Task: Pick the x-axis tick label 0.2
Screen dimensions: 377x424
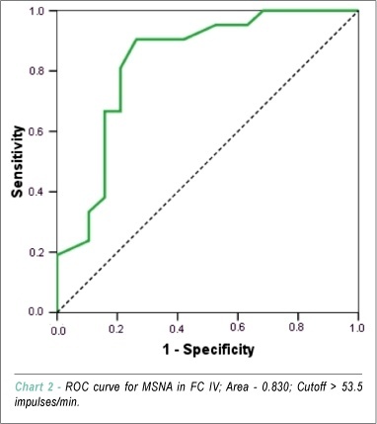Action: click(x=117, y=329)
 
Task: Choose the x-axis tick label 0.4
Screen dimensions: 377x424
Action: click(x=178, y=329)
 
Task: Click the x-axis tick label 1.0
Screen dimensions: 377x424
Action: click(x=357, y=328)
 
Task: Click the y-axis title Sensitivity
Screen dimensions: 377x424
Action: click(x=18, y=161)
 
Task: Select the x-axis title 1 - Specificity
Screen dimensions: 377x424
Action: click(x=208, y=350)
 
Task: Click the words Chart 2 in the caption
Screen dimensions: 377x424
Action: click(x=35, y=386)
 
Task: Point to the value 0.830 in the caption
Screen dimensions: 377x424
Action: click(x=274, y=386)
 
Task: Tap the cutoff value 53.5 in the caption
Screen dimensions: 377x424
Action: click(x=352, y=386)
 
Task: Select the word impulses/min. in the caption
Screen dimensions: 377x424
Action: click(x=47, y=402)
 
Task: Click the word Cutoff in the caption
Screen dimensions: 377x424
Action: click(x=311, y=386)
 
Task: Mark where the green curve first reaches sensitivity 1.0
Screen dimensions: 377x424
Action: click(x=264, y=11)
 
